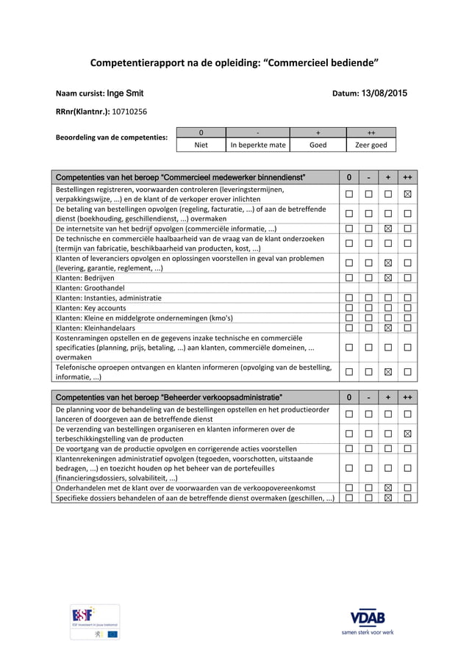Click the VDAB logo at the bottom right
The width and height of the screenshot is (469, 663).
[x=367, y=620]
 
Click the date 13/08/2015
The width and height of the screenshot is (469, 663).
[x=384, y=93]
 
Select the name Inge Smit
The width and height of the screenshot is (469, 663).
[x=126, y=93]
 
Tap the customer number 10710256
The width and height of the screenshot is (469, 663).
[x=129, y=112]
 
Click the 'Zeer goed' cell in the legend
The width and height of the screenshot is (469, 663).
[x=370, y=145]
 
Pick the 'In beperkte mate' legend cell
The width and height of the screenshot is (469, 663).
[x=258, y=145]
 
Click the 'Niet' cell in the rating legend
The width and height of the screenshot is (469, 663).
[x=201, y=145]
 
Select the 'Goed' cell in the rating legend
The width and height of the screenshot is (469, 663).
[x=318, y=145]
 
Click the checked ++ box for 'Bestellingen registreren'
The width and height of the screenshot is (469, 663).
[x=407, y=194]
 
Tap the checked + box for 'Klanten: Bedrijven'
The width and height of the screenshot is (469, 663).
[x=388, y=278]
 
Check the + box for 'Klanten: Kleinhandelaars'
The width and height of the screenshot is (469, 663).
[x=388, y=327]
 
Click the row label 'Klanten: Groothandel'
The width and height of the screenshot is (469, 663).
[x=90, y=288]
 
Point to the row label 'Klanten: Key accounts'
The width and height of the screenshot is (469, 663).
[x=91, y=308]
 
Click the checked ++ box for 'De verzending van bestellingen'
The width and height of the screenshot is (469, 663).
[x=407, y=434]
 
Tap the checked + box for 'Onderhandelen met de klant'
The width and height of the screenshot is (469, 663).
[x=388, y=487]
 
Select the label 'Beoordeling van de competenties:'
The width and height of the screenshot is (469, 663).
[x=112, y=137]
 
